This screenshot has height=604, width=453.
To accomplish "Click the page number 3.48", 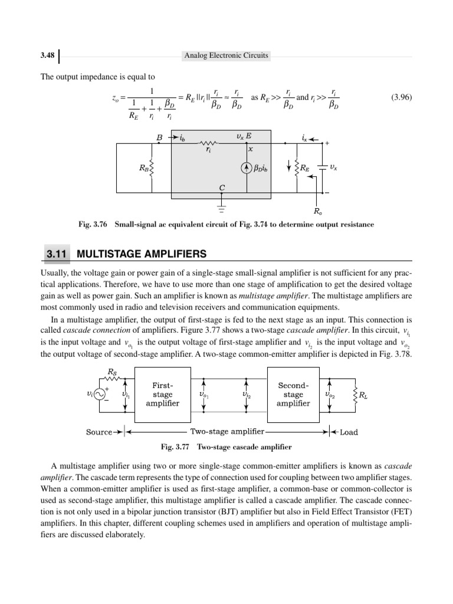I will [48, 55].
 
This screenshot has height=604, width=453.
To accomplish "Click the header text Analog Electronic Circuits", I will [226, 55].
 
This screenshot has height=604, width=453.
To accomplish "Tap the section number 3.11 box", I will [55, 254].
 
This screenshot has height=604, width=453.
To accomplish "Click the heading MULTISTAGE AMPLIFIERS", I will [142, 254].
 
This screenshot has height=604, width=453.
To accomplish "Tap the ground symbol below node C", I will [222, 208].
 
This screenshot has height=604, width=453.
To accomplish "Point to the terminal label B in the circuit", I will [159, 137].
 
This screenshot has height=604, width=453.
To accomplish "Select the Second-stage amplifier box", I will [293, 394].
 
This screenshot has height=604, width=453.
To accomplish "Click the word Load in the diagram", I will [349, 432].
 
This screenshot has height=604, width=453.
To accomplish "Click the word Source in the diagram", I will [99, 432].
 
